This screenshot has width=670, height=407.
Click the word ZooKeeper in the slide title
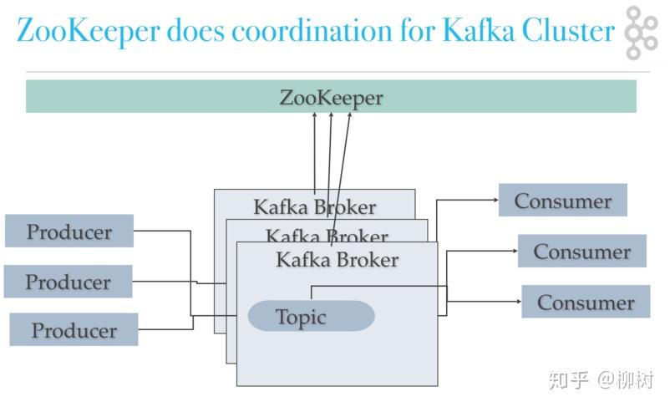pos(87,31)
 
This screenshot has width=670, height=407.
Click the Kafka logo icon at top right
pos(641,33)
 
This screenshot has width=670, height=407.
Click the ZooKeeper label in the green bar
pos(331,97)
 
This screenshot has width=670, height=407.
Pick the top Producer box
pos(69,231)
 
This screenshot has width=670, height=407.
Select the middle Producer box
pos(68,282)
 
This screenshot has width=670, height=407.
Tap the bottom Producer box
pos(74,329)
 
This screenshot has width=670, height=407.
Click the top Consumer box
pos(562,201)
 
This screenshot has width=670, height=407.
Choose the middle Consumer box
pos(581,252)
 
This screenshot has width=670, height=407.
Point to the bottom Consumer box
pos(586,302)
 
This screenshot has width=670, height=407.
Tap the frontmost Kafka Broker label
pos(337,260)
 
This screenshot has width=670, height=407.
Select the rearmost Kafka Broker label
pos(314,206)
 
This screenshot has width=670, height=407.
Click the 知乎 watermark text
pos(569,379)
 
